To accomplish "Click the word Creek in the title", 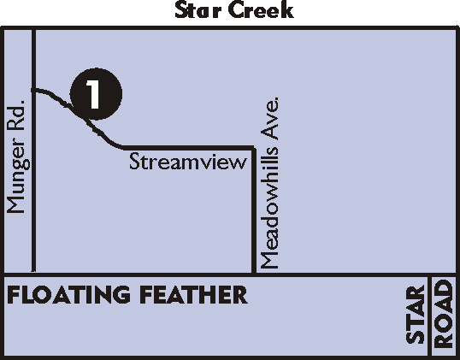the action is pyautogui.click(x=261, y=10).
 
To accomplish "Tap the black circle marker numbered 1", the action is pyautogui.click(x=96, y=94).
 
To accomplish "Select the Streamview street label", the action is pyautogui.click(x=188, y=162).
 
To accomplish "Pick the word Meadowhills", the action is pyautogui.click(x=269, y=208).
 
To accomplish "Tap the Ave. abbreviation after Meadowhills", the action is pyautogui.click(x=269, y=119).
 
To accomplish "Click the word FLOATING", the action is pyautogui.click(x=68, y=294).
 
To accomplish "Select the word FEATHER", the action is pyautogui.click(x=193, y=294).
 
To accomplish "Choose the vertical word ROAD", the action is pyautogui.click(x=443, y=314).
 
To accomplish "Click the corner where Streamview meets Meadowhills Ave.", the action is pyautogui.click(x=253, y=148).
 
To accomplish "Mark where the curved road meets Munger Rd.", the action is pyautogui.click(x=33, y=90).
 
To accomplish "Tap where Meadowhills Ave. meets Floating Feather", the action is pyautogui.click(x=254, y=274).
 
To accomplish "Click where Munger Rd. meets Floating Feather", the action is pyautogui.click(x=33, y=274).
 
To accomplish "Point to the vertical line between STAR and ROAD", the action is pyautogui.click(x=429, y=316).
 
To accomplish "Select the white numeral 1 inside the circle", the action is pyautogui.click(x=93, y=94).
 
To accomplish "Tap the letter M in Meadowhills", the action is pyautogui.click(x=269, y=261).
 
